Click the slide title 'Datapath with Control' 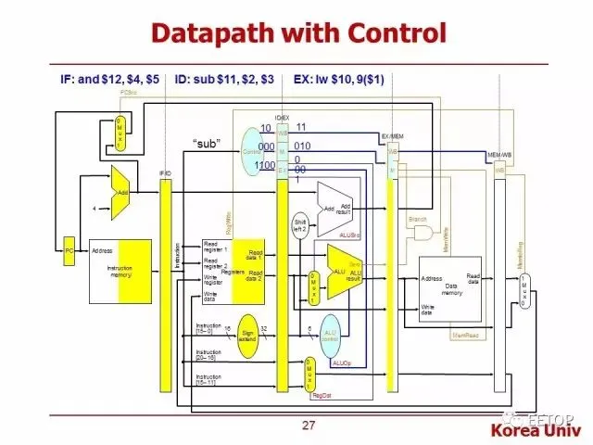point(299,32)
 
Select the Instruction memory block point(120,270)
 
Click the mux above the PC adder point(120,134)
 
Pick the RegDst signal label point(323,393)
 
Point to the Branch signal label point(417,219)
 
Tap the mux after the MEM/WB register point(525,296)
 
